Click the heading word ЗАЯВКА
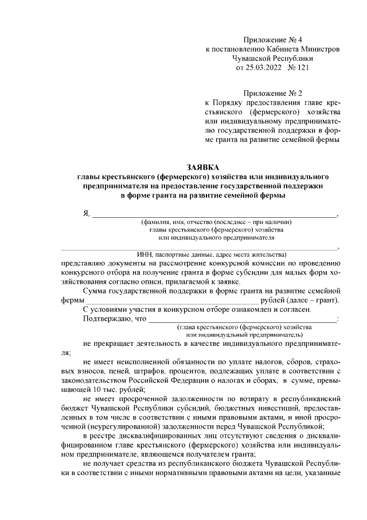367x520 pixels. pos(202,167)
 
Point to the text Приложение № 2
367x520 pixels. pos(272,92)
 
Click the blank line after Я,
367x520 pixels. pos(215,216)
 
